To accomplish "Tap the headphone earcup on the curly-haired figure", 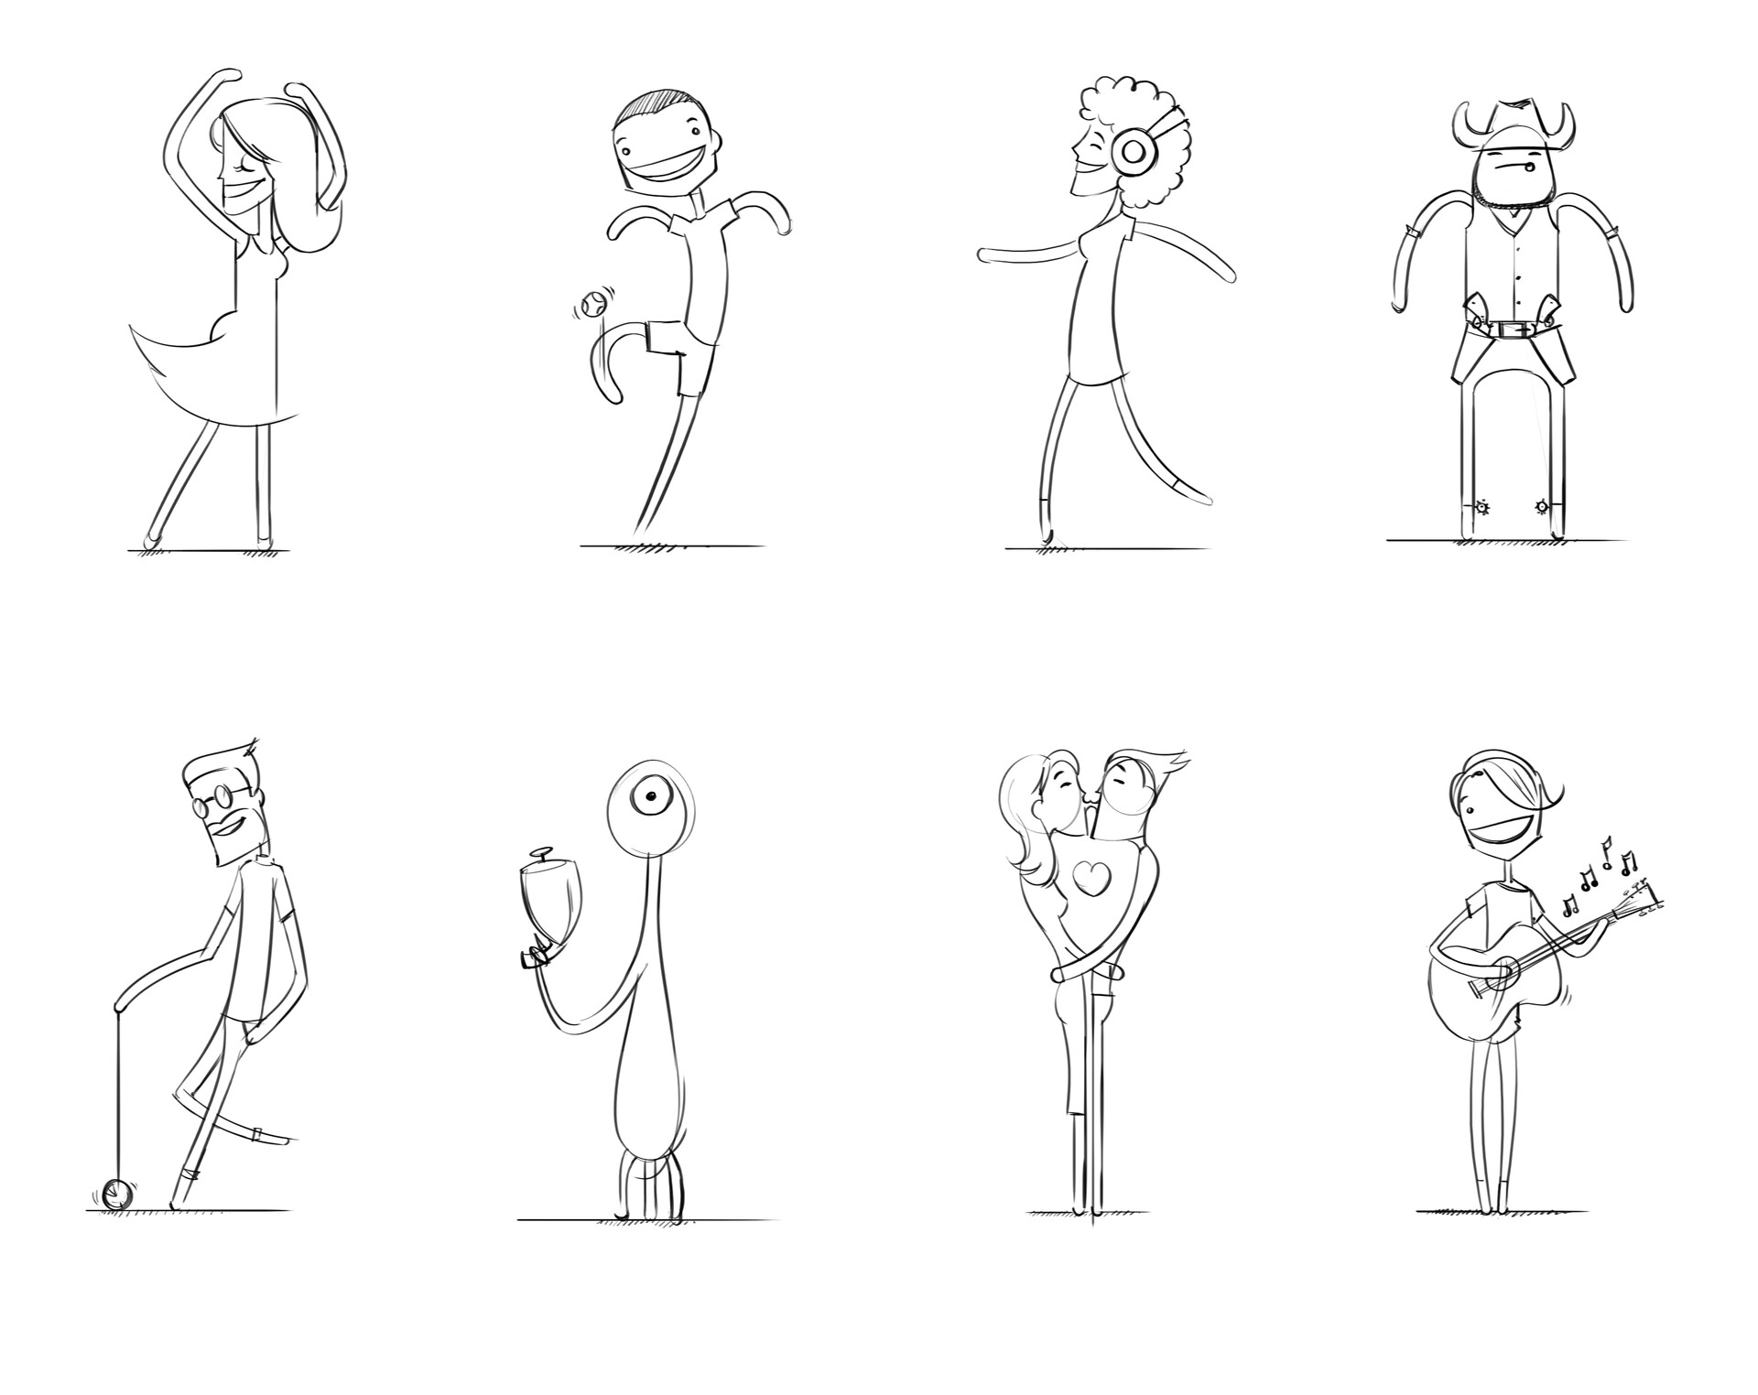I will [x=1132, y=150].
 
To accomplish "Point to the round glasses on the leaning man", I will [x=214, y=803].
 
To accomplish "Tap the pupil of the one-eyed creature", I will [x=651, y=798].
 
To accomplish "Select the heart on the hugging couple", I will [x=1092, y=878].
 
